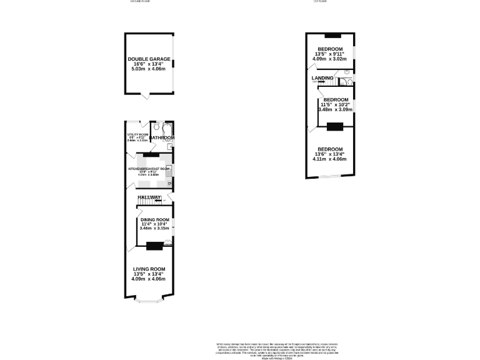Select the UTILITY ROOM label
click(x=137, y=134)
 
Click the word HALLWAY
click(x=149, y=197)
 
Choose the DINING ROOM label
click(x=154, y=220)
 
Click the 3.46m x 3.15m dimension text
click(x=154, y=229)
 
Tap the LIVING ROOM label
click(x=149, y=269)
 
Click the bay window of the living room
click(x=149, y=301)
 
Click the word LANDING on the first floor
click(x=322, y=78)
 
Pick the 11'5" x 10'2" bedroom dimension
click(x=335, y=104)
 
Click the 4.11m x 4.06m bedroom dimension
click(x=329, y=159)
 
